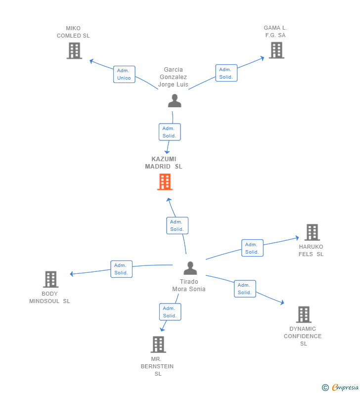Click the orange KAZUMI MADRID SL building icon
165,182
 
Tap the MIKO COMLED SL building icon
74,50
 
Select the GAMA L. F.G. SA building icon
276,50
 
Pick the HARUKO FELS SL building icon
312,232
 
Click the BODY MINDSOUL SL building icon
50,279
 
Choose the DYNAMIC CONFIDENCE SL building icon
304,314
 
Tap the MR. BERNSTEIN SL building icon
158,345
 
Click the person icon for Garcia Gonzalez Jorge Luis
175,101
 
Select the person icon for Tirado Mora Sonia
190,268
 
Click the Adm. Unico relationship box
124,75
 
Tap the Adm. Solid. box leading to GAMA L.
226,73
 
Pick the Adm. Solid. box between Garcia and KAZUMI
170,132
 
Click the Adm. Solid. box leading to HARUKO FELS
252,248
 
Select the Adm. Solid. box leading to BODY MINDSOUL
121,269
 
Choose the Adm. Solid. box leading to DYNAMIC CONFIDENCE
245,289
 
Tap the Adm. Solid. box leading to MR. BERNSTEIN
170,312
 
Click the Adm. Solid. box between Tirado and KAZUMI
177,225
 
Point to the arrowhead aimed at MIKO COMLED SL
92,61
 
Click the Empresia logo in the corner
340,387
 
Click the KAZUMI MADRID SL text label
164,163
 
